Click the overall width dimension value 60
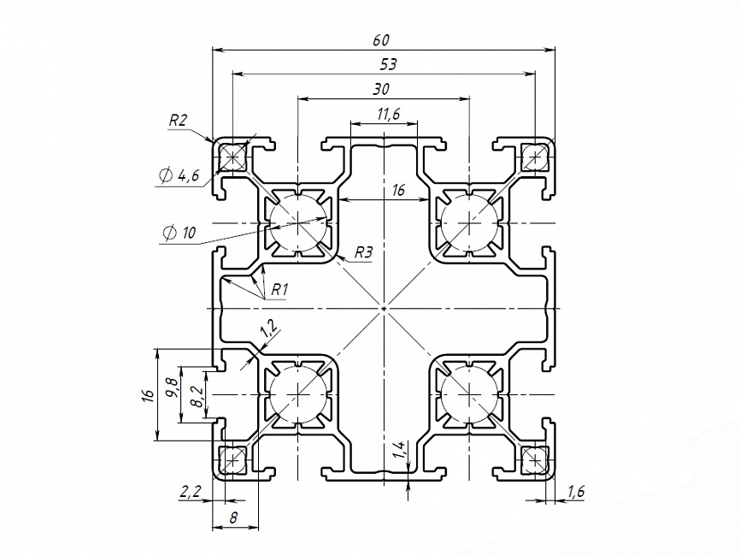pos(381,39)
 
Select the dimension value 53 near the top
pos(386,64)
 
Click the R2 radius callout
pos(178,121)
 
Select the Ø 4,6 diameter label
pos(179,176)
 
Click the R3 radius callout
pos(365,253)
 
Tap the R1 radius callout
pos(279,289)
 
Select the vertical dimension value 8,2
pos(197,396)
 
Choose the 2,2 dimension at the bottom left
pos(189,492)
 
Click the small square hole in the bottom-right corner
pos(535,458)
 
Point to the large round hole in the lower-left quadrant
pos(297,394)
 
